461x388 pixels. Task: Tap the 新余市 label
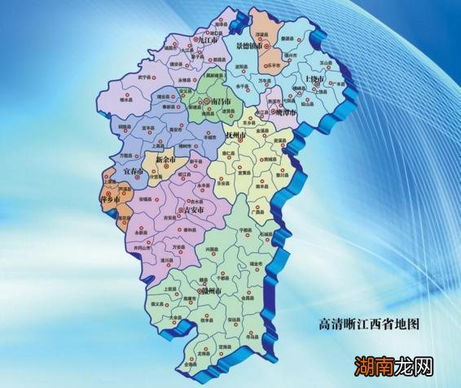pyautogui.click(x=165, y=160)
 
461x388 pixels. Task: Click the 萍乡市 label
pyautogui.click(x=111, y=198)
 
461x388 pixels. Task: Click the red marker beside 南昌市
pyautogui.click(x=205, y=102)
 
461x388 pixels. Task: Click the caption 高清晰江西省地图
pyautogui.click(x=368, y=324)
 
